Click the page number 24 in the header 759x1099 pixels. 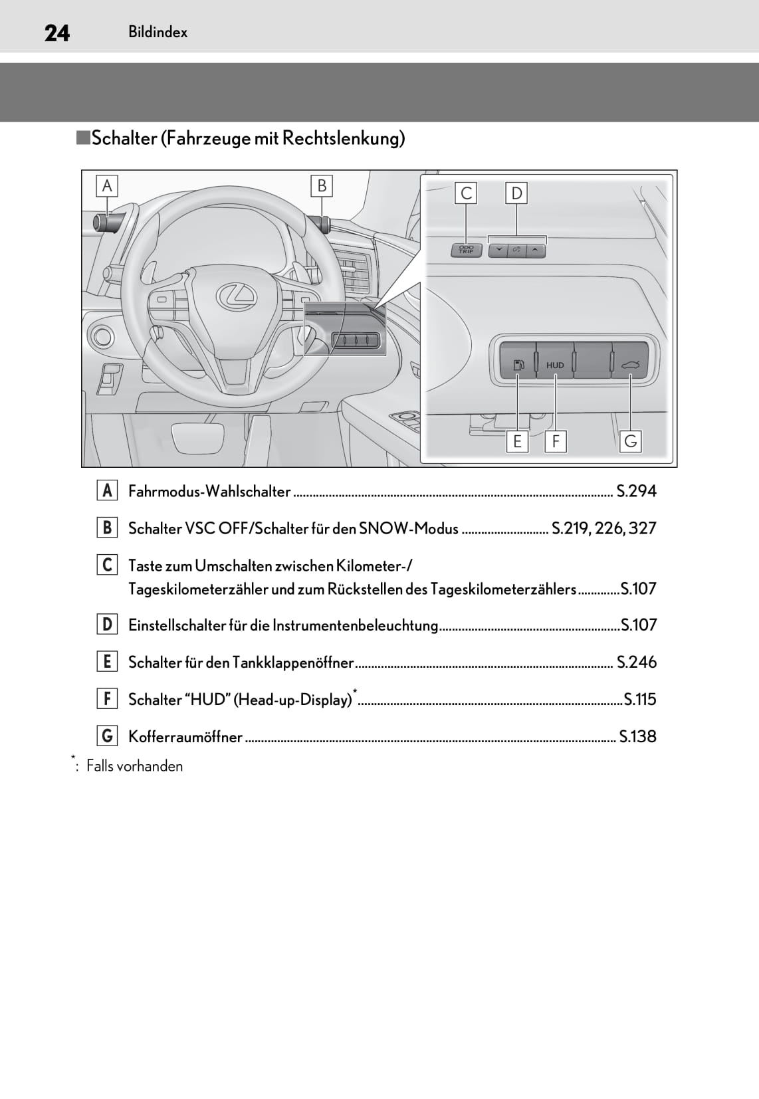pyautogui.click(x=56, y=33)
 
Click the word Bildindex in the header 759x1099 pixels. pyautogui.click(x=158, y=32)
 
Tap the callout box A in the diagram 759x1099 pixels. pyautogui.click(x=106, y=186)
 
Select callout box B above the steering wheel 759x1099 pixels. pyautogui.click(x=322, y=186)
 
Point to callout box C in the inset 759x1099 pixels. pyautogui.click(x=467, y=193)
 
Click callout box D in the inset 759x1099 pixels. pyautogui.click(x=516, y=193)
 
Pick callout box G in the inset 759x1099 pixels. pyautogui.click(x=631, y=441)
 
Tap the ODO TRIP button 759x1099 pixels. pyautogui.click(x=467, y=250)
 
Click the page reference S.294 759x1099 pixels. pyautogui.click(x=636, y=491)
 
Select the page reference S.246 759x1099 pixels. pyautogui.click(x=636, y=662)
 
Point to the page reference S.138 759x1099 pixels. pyautogui.click(x=637, y=736)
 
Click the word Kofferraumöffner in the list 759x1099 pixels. pyautogui.click(x=185, y=736)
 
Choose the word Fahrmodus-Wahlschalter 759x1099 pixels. pyautogui.click(x=209, y=491)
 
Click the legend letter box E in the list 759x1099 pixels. pyautogui.click(x=106, y=662)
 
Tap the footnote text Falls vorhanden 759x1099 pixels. pyautogui.click(x=134, y=766)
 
